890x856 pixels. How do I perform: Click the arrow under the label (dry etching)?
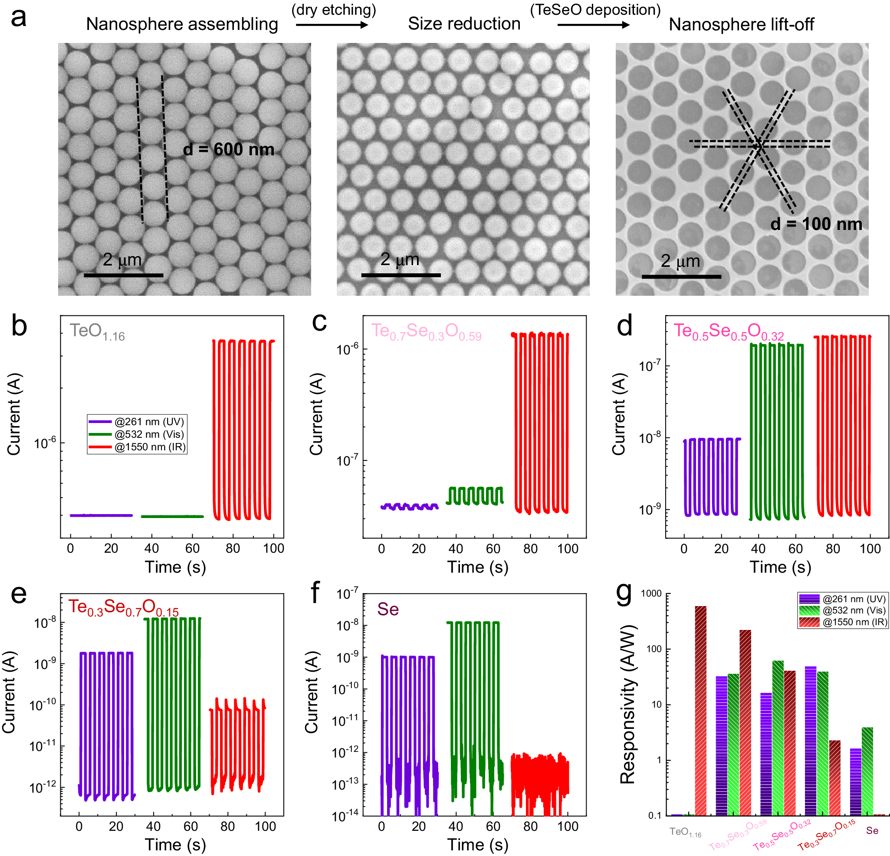[x=332, y=25]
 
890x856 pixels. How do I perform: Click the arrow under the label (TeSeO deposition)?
[x=594, y=25]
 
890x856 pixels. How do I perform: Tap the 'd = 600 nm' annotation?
[x=228, y=149]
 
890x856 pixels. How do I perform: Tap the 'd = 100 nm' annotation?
[x=816, y=224]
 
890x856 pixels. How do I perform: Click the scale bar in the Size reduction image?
[x=401, y=275]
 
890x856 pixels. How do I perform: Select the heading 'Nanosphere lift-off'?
[x=741, y=25]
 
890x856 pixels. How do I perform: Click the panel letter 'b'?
[x=19, y=326]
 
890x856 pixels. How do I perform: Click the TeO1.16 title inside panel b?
[x=97, y=332]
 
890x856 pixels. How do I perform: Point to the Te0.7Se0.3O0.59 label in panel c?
[x=426, y=332]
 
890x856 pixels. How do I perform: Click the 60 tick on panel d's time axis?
[x=795, y=548]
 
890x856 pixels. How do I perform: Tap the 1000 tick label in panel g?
[x=651, y=594]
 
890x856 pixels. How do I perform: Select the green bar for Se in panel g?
[x=867, y=771]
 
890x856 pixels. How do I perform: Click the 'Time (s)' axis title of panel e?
[x=175, y=845]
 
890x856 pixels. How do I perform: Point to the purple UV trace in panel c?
[x=409, y=506]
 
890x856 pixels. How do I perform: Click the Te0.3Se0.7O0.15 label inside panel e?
[x=124, y=607]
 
